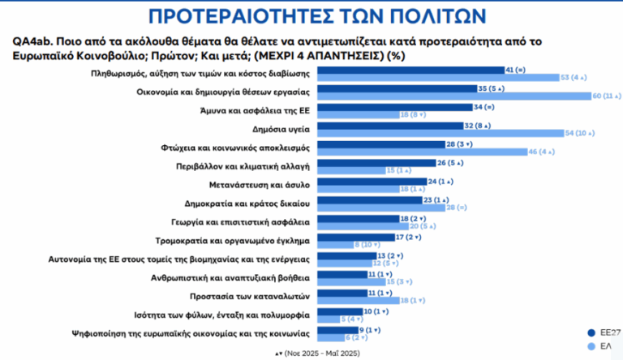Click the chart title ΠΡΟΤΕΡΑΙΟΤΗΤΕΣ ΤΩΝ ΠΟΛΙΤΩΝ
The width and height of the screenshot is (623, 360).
311,17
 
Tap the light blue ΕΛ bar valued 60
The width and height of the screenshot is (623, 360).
453,96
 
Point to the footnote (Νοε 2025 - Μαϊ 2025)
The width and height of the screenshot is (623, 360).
322,354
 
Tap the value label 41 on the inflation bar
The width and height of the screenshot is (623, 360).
509,71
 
